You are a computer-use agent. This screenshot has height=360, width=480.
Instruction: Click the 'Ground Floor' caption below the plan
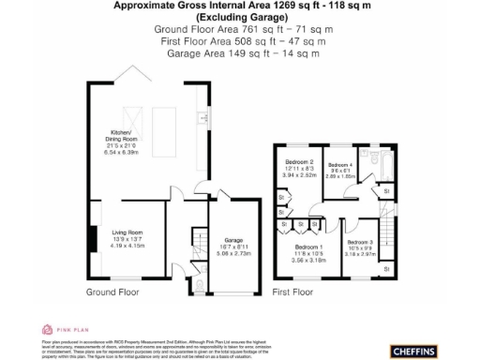113,292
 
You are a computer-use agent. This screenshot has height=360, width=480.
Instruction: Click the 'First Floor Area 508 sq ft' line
242,41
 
